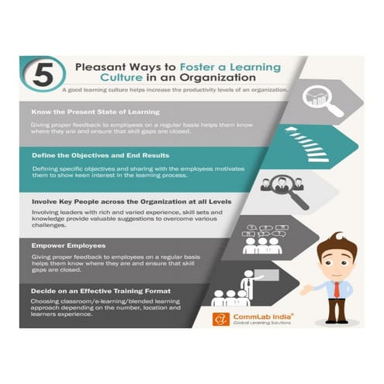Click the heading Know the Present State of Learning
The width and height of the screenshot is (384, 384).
click(87, 111)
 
